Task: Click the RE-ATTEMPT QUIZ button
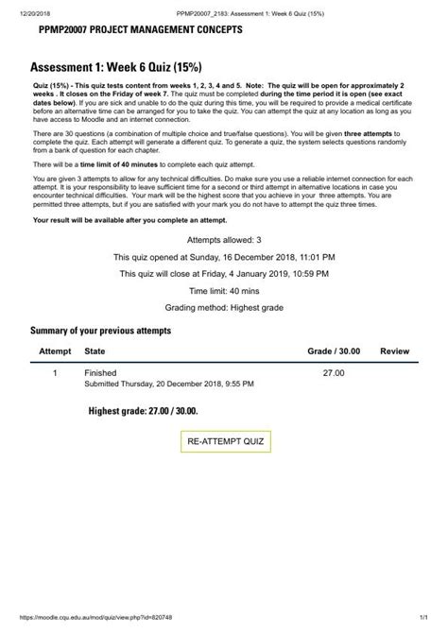[227, 441]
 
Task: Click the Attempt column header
[55, 351]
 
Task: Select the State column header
[95, 351]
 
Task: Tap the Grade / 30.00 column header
[334, 351]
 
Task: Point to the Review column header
[394, 351]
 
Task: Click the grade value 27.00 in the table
[334, 374]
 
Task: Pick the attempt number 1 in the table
[55, 374]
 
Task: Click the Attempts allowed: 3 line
[224, 240]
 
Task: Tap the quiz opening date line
[224, 257]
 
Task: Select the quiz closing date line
[224, 274]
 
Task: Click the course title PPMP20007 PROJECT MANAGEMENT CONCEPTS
[140, 30]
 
